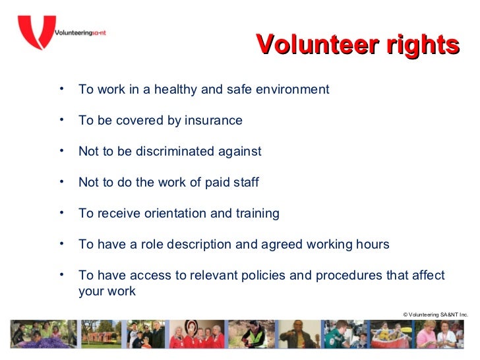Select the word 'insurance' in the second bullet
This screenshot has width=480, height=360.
coord(214,121)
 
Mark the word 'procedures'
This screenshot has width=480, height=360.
coord(347,275)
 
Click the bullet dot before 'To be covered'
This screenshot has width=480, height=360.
coord(61,119)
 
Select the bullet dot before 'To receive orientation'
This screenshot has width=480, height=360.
coord(61,212)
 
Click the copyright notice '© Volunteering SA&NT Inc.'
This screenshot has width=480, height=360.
coord(435,315)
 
